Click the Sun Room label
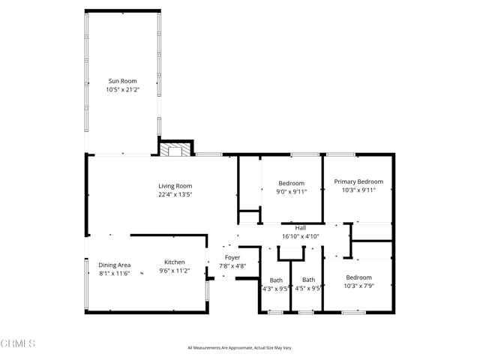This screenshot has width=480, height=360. [x=123, y=80]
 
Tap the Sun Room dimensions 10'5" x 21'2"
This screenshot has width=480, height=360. [x=123, y=89]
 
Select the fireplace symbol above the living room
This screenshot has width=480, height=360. [x=175, y=150]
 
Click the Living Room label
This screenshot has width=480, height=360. [x=175, y=186]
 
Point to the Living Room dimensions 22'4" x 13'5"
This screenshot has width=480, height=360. [x=175, y=195]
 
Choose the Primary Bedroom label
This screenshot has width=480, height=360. [x=358, y=181]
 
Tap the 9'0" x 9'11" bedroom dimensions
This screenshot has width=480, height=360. [x=291, y=191]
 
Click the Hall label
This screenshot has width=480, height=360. [x=301, y=228]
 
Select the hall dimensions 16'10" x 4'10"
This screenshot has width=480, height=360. [x=301, y=236]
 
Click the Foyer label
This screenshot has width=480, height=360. [x=232, y=257]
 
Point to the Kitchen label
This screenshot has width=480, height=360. [x=175, y=262]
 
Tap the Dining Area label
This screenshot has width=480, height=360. [x=115, y=265]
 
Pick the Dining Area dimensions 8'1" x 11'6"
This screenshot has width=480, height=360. [x=115, y=273]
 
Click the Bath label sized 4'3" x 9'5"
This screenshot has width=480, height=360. [x=276, y=280]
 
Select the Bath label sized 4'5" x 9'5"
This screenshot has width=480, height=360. [x=308, y=280]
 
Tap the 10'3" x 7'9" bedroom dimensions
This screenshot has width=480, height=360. [x=358, y=286]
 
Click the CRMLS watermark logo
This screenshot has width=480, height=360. [x=19, y=343]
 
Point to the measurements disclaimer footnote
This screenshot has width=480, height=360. [x=239, y=348]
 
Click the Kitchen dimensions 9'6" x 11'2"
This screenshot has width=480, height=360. [x=175, y=271]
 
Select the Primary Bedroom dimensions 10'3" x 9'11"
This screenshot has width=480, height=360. [x=358, y=190]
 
